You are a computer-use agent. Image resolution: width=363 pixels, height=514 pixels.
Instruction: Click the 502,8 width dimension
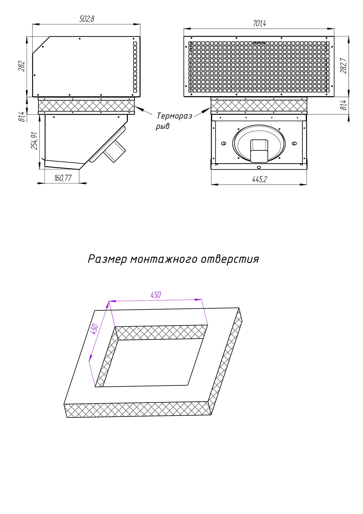tap(87, 19)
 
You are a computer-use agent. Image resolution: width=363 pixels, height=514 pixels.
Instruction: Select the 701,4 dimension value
tap(259, 23)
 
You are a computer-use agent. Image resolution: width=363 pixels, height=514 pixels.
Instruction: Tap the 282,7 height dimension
tap(344, 66)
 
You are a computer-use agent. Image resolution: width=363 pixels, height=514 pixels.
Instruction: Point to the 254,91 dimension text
tap(35, 141)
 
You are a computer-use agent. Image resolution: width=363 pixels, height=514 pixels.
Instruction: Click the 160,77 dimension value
tap(63, 178)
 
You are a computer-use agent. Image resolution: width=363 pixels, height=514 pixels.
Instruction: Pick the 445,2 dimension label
tap(259, 179)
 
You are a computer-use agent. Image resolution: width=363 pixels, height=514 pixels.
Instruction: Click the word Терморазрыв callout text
tap(174, 116)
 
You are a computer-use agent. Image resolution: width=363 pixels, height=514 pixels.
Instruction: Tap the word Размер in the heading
tap(107, 259)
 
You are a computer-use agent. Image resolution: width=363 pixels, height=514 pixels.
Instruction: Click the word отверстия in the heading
tap(230, 259)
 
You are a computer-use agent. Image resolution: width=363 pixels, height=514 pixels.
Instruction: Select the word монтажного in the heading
tap(164, 259)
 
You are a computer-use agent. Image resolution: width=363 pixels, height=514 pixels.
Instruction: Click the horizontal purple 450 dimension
tap(156, 295)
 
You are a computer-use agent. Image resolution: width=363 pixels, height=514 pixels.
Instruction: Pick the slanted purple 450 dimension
tap(94, 329)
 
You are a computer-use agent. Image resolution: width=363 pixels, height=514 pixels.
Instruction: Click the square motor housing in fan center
tap(259, 151)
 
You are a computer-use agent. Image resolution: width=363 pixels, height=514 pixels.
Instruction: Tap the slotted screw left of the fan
tap(224, 143)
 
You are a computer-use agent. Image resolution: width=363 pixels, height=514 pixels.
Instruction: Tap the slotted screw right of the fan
tap(294, 143)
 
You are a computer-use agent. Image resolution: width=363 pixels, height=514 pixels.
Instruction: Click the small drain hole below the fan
tap(258, 167)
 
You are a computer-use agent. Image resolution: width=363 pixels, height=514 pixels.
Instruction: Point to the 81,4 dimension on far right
tap(344, 105)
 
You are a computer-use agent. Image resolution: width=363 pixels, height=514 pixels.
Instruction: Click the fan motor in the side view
tap(115, 150)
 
